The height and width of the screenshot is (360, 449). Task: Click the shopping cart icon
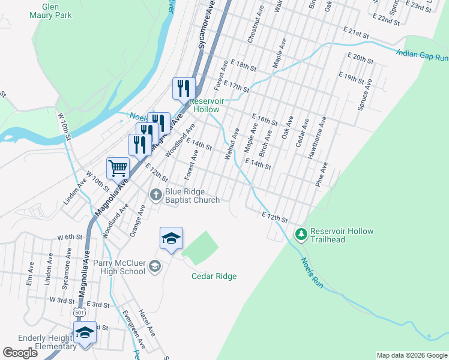[118, 167]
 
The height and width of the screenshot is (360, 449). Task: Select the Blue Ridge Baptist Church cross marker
[155, 193]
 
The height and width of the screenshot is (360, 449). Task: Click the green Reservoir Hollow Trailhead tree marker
[301, 233]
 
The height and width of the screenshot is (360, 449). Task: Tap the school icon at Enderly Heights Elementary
[85, 332]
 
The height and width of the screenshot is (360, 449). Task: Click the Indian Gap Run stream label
[422, 55]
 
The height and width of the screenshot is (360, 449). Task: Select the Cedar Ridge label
[214, 277]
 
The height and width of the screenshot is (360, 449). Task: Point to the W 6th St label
[70, 237]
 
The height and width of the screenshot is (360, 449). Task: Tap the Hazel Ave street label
[147, 323]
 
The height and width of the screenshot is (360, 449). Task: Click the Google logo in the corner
[20, 353]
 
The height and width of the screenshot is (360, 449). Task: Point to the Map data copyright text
[412, 355]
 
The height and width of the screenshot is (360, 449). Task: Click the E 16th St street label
[264, 118]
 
